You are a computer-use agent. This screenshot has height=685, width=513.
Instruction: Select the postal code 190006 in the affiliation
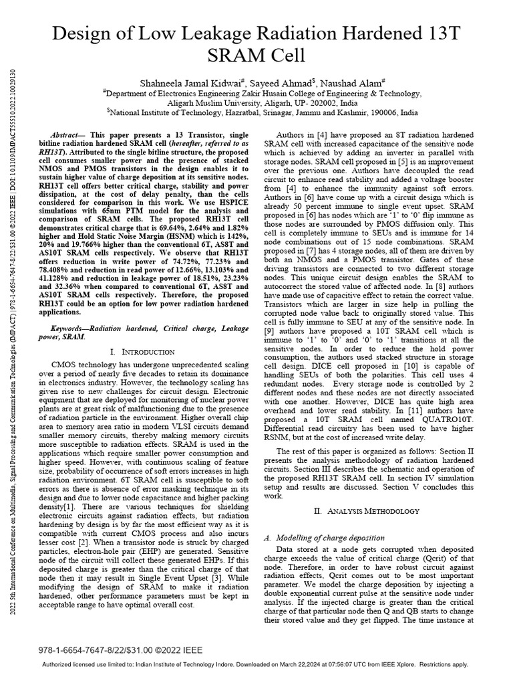tap(386, 114)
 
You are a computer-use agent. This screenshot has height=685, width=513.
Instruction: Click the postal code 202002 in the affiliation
tap(320, 104)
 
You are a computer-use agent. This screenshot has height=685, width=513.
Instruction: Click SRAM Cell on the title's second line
tap(257, 55)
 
